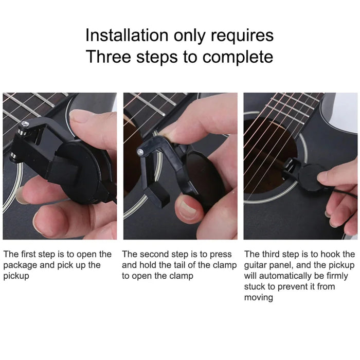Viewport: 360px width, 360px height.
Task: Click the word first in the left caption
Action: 30,254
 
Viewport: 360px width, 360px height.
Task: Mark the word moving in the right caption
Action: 259,298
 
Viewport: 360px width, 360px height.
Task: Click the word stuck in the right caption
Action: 255,287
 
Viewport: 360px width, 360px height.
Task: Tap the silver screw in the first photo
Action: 24,123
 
